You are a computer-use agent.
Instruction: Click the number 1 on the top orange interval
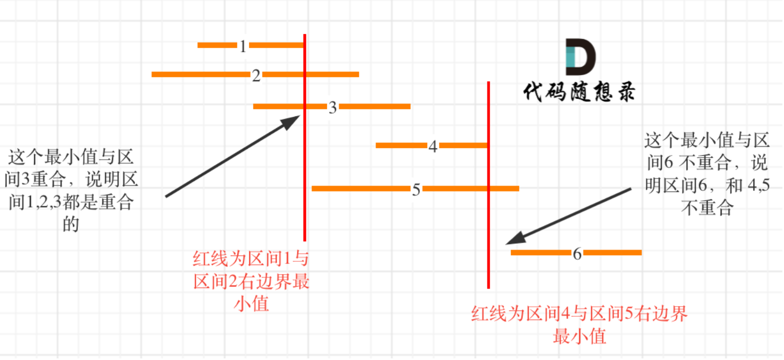[243, 46]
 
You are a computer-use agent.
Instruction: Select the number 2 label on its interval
[256, 76]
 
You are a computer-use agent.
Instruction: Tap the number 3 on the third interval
[332, 108]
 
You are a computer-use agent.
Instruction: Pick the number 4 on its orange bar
[433, 147]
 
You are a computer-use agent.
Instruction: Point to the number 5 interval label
[416, 189]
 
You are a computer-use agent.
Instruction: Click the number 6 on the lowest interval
[577, 254]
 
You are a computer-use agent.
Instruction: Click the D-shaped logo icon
[580, 57]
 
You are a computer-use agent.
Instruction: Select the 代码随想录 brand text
[579, 92]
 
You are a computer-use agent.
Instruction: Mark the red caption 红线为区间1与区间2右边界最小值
[251, 282]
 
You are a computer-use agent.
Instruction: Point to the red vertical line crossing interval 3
[305, 160]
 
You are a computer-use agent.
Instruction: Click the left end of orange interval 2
[154, 74]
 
